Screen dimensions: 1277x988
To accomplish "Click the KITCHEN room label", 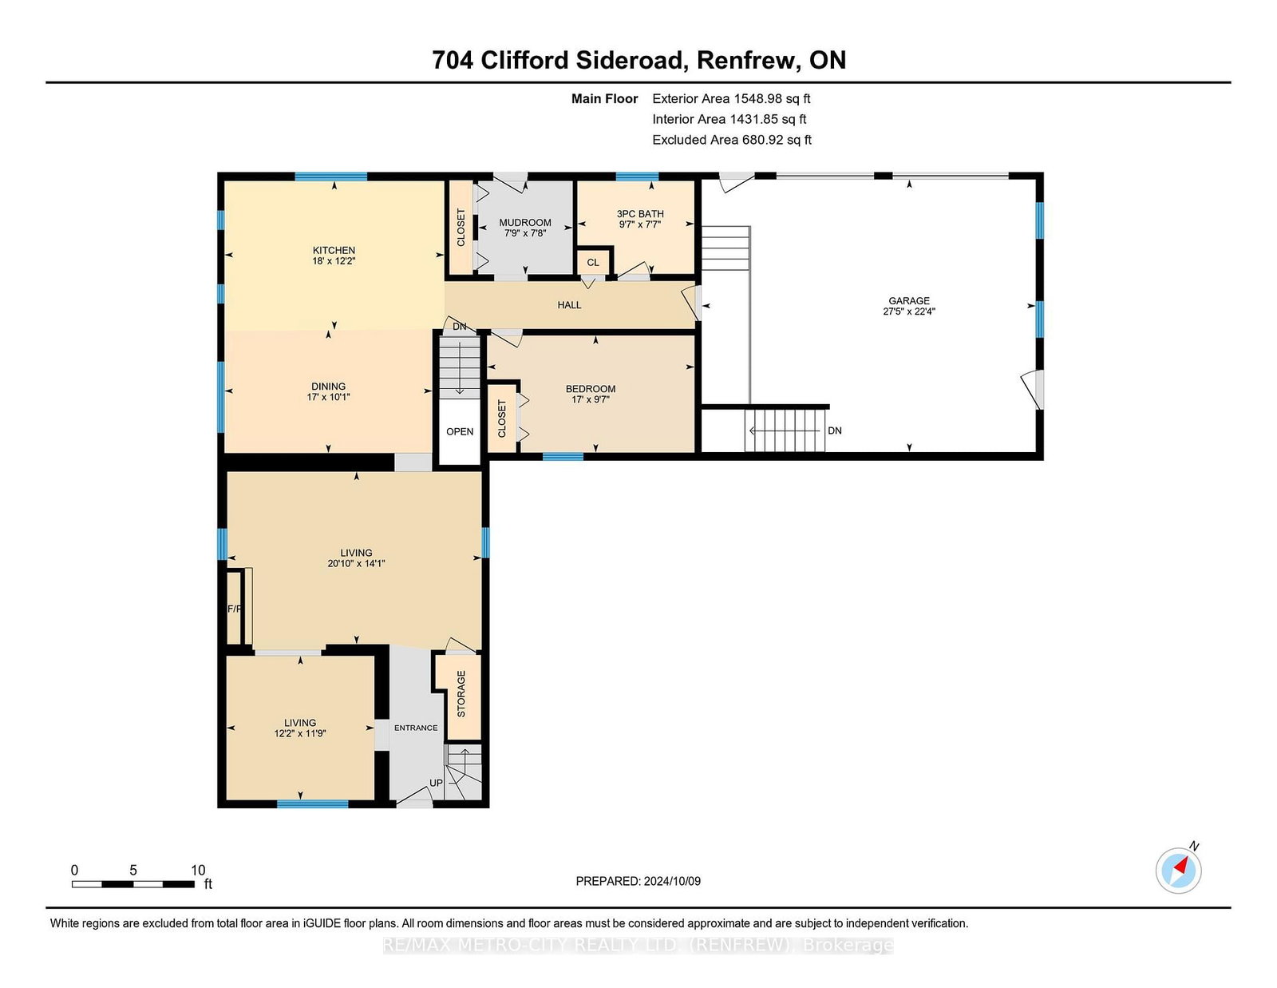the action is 334,251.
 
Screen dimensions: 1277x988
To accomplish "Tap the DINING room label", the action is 329,387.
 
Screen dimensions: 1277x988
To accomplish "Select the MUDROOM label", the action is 525,223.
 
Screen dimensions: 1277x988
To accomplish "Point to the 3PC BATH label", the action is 640,214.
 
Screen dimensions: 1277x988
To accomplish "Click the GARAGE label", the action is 909,301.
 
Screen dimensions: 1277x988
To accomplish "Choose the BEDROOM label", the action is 591,389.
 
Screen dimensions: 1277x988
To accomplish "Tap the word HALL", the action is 569,305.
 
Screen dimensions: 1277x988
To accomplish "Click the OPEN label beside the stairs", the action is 460,431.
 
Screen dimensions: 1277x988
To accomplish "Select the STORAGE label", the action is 461,694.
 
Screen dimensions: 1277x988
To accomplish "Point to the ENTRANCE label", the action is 416,728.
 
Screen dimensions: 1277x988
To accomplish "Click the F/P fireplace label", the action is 235,609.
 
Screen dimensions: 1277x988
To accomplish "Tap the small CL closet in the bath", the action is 593,262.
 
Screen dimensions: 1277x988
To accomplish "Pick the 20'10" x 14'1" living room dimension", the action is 356,563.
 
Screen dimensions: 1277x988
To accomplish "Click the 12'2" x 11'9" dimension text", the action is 300,733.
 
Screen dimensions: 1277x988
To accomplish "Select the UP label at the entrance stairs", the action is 436,784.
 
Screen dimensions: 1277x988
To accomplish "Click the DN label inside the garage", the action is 835,431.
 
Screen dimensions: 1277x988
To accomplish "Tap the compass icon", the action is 1178,871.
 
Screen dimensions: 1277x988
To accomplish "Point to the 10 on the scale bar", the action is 198,871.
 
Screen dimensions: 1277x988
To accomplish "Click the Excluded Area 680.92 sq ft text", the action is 732,140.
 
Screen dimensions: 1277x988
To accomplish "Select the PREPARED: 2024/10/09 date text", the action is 638,881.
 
